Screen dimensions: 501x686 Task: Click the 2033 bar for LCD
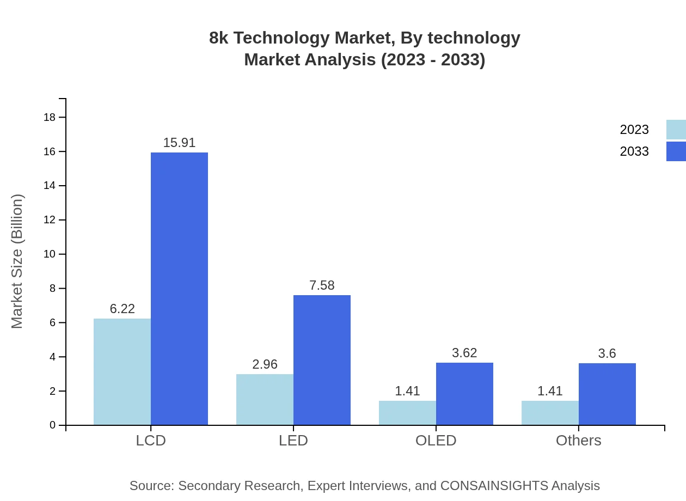(x=179, y=289)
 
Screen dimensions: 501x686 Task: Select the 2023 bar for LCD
(x=122, y=371)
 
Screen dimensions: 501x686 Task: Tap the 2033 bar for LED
(x=322, y=360)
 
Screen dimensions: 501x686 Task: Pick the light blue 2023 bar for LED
(x=265, y=399)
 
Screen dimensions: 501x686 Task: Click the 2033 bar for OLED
(x=464, y=394)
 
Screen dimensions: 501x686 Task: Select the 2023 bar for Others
(x=550, y=413)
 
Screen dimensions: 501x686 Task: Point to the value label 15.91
(x=179, y=143)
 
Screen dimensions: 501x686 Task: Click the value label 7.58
(x=322, y=285)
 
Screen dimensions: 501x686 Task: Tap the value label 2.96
(x=265, y=364)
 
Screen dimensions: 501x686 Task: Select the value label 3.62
(x=464, y=353)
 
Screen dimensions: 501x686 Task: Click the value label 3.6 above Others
(x=607, y=353)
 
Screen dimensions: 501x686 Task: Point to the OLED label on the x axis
(x=436, y=441)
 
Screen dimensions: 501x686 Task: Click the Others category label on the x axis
(x=578, y=441)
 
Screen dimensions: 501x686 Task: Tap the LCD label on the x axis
(x=151, y=441)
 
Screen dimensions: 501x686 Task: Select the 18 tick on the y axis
(x=50, y=117)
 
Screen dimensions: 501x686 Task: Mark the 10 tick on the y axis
(x=50, y=254)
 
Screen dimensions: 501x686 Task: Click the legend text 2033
(x=634, y=151)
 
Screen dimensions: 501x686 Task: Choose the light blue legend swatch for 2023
(x=676, y=130)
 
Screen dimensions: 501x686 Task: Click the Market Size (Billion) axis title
(x=17, y=261)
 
